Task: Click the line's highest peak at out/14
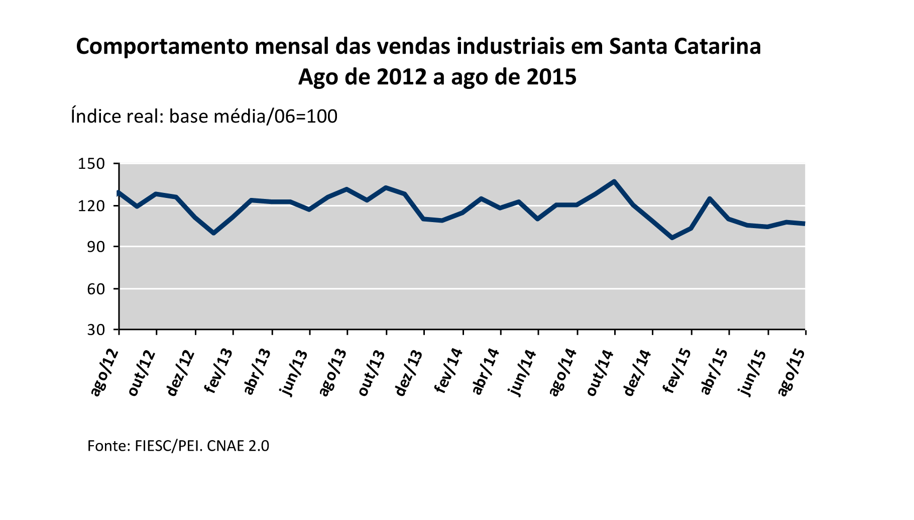pyautogui.click(x=614, y=181)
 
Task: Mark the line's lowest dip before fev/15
pyautogui.click(x=672, y=238)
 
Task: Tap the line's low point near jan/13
pyautogui.click(x=214, y=233)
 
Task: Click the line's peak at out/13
pyautogui.click(x=386, y=187)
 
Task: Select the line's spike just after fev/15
pyautogui.click(x=710, y=198)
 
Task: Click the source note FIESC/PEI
pyautogui.click(x=168, y=446)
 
